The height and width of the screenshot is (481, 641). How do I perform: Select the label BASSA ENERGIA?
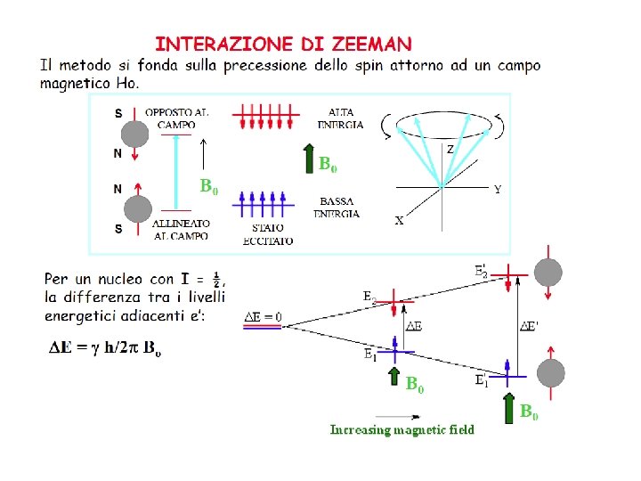pyautogui.click(x=337, y=208)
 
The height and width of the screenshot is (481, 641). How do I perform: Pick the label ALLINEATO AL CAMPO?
pyautogui.click(x=181, y=229)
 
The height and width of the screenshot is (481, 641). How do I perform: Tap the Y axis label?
pyautogui.click(x=497, y=189)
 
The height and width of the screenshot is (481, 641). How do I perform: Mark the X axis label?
pyautogui.click(x=399, y=221)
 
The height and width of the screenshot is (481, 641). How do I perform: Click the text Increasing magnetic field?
pyautogui.click(x=402, y=430)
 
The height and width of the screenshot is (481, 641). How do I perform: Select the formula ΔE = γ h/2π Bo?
pyautogui.click(x=105, y=348)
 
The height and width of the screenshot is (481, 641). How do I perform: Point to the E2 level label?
pyautogui.click(x=369, y=296)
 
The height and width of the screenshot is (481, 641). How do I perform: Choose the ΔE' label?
pyautogui.click(x=529, y=326)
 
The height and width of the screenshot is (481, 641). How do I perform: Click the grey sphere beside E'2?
pyautogui.click(x=548, y=272)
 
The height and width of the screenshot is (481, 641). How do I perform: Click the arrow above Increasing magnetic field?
pyautogui.click(x=388, y=415)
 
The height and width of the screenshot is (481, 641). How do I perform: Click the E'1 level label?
pyautogui.click(x=481, y=381)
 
